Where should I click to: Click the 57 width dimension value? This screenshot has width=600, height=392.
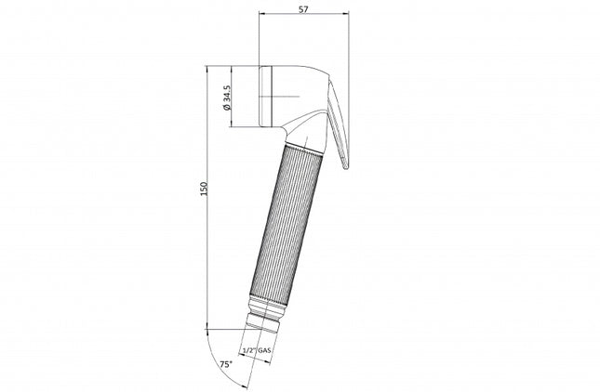point(303,7)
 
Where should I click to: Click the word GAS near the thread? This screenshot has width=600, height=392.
point(263,349)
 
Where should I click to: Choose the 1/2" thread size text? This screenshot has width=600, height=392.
point(247,349)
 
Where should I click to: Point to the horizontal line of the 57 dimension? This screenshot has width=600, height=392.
point(303,16)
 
